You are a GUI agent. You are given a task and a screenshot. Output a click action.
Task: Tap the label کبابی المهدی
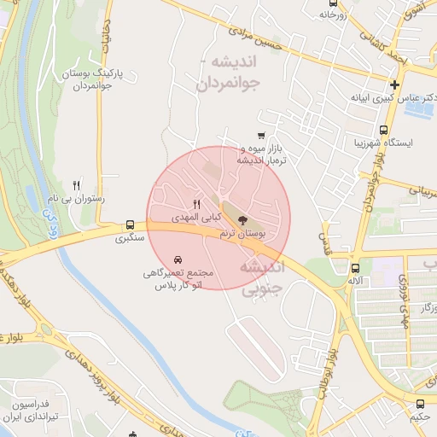(195, 218)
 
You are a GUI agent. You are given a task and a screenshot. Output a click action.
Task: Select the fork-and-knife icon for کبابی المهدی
(197, 204)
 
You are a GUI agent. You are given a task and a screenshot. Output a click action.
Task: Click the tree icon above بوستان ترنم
(243, 220)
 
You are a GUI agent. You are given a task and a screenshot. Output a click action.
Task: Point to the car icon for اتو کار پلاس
(177, 259)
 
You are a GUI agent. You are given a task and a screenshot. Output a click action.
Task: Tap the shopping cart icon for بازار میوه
(261, 135)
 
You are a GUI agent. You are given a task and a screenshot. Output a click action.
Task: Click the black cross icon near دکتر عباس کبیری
(394, 84)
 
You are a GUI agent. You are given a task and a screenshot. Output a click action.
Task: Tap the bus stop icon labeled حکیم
(419, 404)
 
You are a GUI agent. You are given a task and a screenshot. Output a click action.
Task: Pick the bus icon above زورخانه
(334, 15)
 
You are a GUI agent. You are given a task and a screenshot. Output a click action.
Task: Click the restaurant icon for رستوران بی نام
(77, 184)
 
